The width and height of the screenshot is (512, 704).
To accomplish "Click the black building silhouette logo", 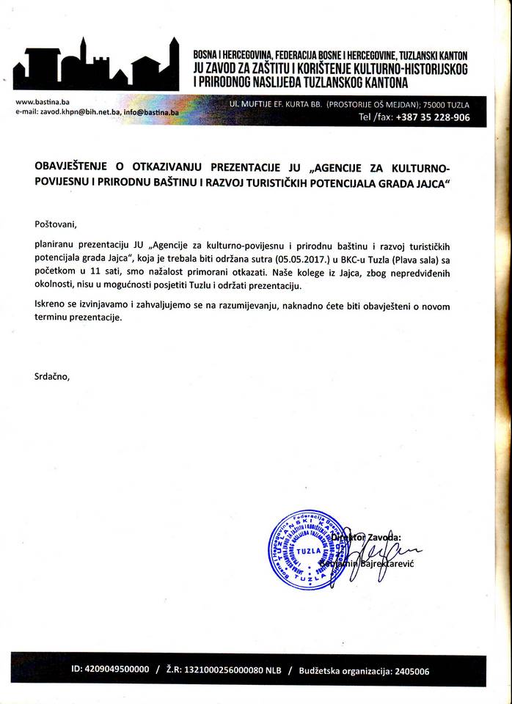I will pyautogui.click(x=95, y=66).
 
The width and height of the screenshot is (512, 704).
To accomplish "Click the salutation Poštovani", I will pyautogui.click(x=55, y=223).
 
